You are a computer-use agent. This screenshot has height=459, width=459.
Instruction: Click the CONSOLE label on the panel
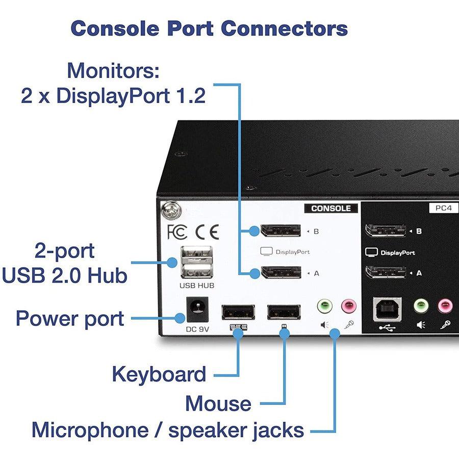click(331, 208)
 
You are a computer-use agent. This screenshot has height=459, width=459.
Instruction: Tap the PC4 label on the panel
click(440, 208)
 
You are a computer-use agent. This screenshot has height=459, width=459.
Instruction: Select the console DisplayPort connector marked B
click(280, 231)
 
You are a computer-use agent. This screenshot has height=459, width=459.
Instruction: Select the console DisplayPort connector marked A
click(280, 272)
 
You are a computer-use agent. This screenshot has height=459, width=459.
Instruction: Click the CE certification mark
click(207, 232)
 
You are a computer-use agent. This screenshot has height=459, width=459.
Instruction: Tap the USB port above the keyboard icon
click(238, 312)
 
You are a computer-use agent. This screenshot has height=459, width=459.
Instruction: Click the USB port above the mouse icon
click(284, 312)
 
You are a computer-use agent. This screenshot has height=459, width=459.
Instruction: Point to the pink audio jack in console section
click(349, 307)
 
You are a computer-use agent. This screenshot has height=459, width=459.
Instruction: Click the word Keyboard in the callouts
click(159, 374)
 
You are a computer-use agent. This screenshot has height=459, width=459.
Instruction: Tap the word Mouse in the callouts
click(218, 403)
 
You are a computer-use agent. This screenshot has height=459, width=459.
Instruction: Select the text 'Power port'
click(70, 318)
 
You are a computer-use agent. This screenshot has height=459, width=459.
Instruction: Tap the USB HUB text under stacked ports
click(196, 286)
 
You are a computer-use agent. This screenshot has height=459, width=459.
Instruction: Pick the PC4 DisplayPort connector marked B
click(386, 231)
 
